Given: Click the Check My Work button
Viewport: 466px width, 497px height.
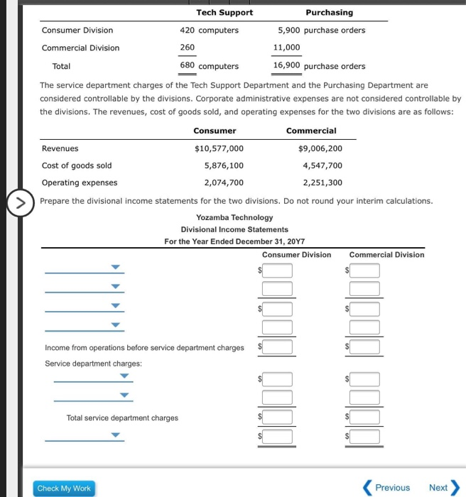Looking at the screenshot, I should pos(64,488).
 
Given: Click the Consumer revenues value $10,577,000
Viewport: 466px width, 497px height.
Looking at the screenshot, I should pos(219,148).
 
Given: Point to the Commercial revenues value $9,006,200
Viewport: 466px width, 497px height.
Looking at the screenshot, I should pos(320,148).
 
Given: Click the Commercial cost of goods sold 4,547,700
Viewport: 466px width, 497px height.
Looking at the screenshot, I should pos(323,165).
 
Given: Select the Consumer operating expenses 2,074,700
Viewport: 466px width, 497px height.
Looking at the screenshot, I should pos(224,182).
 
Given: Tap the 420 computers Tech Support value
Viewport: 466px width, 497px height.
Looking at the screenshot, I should pos(209,30).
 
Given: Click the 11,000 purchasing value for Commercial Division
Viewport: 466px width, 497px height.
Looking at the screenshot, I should pos(287,48).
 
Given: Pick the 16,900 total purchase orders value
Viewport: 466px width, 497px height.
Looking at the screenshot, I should pos(287,65).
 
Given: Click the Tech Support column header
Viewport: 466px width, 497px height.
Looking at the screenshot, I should pos(224,12).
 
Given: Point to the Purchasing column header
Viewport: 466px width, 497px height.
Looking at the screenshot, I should pos(329,12).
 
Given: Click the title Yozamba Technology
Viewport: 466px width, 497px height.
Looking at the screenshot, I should pos(234,217).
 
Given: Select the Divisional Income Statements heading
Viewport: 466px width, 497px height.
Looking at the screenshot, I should pos(234,229).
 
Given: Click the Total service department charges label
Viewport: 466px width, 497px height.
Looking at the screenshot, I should pos(122,417).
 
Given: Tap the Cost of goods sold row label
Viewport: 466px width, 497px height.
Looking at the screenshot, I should pos(77,165).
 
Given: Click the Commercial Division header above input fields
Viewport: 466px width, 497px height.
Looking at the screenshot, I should pos(386,254).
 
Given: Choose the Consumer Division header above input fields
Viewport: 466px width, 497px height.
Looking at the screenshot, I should pos(296,254).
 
